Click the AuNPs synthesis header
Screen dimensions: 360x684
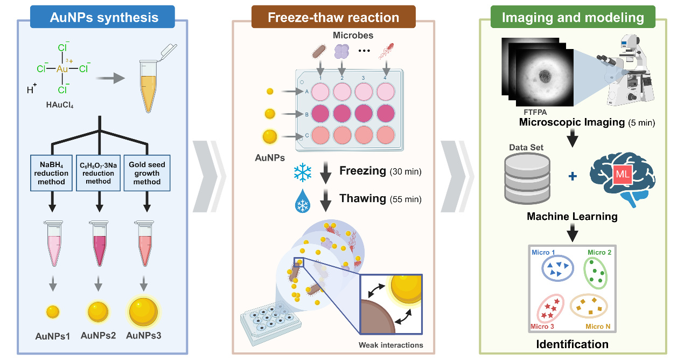pos(104,17)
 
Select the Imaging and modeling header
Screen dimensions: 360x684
pos(573,17)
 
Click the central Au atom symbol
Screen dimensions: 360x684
pos(62,69)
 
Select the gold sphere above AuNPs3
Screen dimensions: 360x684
pos(143,311)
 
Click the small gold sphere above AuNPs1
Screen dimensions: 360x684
pos(53,311)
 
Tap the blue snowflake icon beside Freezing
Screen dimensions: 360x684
pos(303,172)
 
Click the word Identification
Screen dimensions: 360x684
pos(572,344)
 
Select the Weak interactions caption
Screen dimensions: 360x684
pos(391,345)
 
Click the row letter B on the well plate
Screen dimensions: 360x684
pos(306,114)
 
